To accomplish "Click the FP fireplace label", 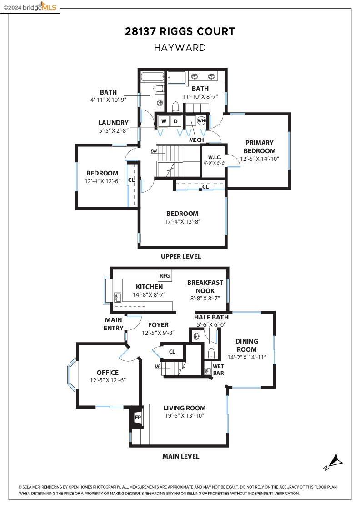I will click(138, 417).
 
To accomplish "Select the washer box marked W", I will click(163, 121).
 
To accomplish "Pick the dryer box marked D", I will click(175, 121).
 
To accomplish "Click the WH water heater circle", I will click(201, 120).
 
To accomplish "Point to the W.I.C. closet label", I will click(214, 158).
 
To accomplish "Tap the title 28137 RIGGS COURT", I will click(180, 32).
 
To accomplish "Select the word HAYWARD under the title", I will click(180, 47).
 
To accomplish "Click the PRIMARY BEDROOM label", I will click(259, 147).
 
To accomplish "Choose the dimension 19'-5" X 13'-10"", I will click(185, 415).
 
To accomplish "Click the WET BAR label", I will click(218, 369).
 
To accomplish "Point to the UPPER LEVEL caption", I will click(180, 256).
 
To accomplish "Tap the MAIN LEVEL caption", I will click(180, 456).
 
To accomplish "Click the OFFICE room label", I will click(108, 373).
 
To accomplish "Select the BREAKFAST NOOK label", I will click(205, 286).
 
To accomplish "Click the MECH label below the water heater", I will click(196, 140).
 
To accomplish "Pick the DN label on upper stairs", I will click(154, 151).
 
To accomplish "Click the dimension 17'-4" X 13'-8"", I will click(182, 221).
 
